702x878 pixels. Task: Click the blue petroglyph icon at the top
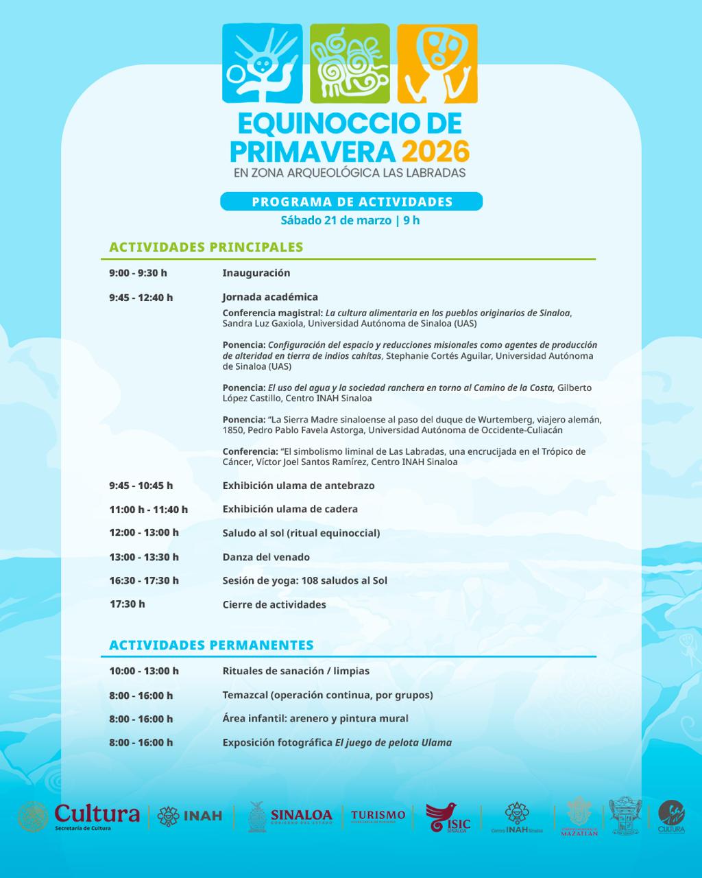point(263,63)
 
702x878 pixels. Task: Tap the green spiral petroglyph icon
point(350,63)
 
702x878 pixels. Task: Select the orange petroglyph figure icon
point(437,63)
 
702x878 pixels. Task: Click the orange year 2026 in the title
point(435,150)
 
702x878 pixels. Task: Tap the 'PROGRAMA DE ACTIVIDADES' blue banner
point(352,202)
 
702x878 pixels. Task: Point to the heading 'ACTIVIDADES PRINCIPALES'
point(206,247)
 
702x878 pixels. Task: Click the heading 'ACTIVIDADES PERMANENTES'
point(211,645)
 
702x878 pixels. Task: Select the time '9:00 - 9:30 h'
point(138,273)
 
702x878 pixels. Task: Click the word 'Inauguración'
point(256,273)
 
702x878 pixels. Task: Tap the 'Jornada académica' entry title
point(270,297)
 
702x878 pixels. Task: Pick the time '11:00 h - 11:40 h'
point(148,510)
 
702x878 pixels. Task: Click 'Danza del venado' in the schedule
point(266,557)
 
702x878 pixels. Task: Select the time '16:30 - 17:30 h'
point(144,580)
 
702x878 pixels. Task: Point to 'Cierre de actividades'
point(274,604)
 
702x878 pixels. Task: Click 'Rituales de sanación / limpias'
point(296,671)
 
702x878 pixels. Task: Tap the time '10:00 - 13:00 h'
point(144,671)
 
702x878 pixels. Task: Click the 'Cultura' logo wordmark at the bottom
point(97,815)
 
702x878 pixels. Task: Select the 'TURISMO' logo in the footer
point(378,816)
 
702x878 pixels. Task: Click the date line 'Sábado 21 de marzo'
point(335,220)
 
